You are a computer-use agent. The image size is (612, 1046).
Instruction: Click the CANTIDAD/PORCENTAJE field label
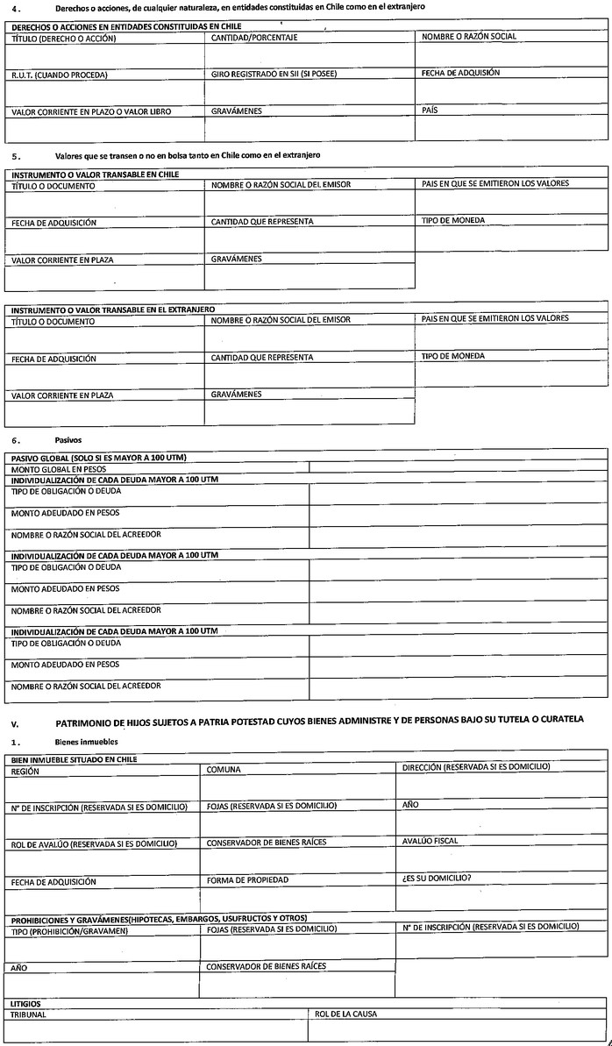[254, 38]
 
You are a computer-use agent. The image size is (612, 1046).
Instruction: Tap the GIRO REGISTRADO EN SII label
[274, 74]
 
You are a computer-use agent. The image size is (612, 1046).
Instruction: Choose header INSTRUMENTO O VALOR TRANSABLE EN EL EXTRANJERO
[113, 310]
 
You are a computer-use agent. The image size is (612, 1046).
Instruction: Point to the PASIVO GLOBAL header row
[98, 459]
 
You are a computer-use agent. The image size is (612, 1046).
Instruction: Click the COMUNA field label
[224, 770]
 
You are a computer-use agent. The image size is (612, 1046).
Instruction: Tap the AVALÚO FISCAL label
[430, 842]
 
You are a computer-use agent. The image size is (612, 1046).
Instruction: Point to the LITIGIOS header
[25, 1003]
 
